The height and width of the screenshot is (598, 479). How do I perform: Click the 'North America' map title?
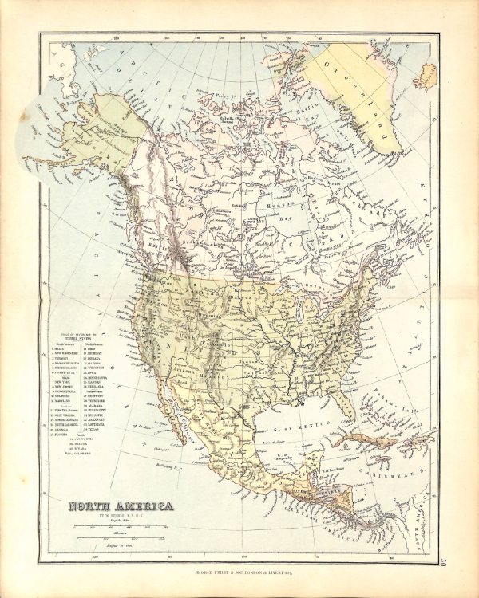(x=119, y=506)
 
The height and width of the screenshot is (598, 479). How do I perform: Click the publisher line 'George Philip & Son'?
(x=239, y=572)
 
